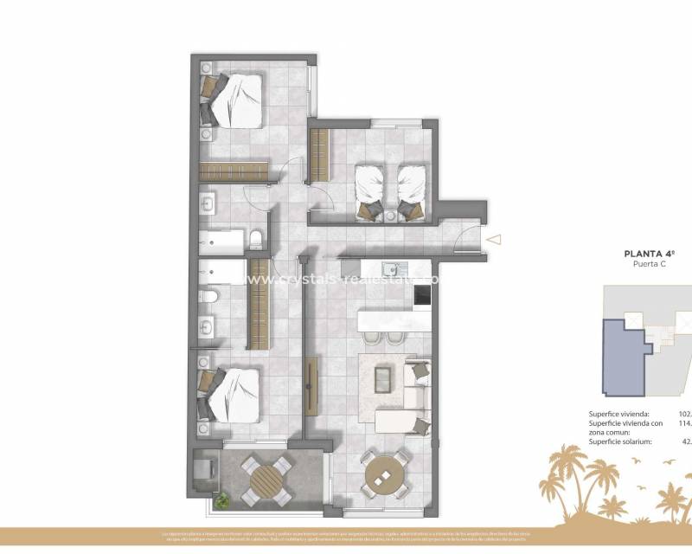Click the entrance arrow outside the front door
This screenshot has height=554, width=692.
[494, 240]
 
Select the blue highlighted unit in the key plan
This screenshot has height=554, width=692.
[623, 355]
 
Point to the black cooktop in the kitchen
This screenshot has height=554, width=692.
[423, 295]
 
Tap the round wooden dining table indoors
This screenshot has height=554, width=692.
[382, 475]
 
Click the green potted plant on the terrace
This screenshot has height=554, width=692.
[223, 499]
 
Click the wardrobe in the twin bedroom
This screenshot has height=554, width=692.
[319, 155]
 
